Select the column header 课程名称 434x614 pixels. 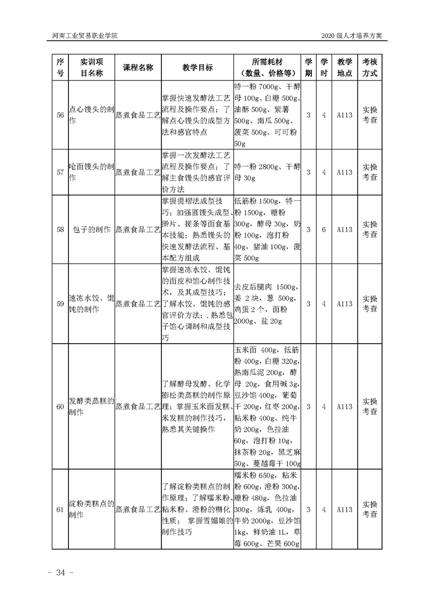138,67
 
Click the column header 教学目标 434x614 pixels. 198,67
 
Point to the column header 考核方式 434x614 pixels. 370,67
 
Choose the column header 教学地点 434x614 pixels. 344,67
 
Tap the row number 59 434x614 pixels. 60,304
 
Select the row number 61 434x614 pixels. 60,509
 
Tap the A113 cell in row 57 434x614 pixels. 344,172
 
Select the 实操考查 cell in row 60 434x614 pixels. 370,407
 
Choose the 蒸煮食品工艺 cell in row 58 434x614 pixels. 138,229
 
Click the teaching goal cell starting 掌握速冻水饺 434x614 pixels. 198,304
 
